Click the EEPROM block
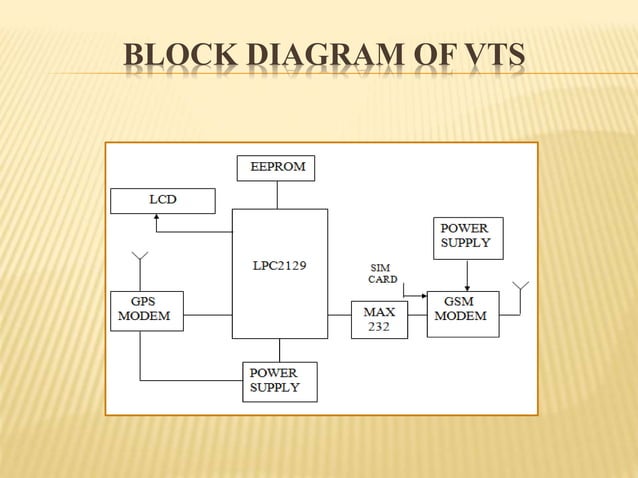pos(276,168)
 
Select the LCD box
pos(162,200)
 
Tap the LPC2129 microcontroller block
pos(279,272)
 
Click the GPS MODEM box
pos(145,311)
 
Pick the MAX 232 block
pos(379,319)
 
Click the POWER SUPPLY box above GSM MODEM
pos(467,237)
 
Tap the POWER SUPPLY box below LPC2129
pos(279,381)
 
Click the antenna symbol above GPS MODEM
pos(140,260)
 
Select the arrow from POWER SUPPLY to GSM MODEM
pos(467,274)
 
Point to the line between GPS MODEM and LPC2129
pos(207,315)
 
